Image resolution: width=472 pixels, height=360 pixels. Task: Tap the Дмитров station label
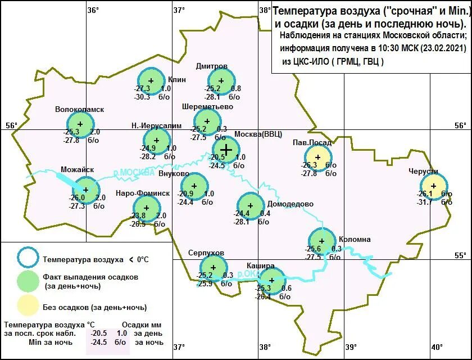[x=212, y=66]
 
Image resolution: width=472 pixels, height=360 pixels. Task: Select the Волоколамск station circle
[x=80, y=124]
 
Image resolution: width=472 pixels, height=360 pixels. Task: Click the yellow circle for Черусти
[x=434, y=186]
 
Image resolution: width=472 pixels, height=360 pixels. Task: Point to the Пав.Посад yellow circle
[x=318, y=157]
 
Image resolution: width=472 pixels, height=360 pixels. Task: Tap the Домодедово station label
[x=290, y=204]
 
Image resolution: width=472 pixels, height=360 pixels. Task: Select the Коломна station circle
[x=323, y=240]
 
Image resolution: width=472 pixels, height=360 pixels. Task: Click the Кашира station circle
[x=272, y=280]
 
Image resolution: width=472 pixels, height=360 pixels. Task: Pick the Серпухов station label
[x=206, y=253]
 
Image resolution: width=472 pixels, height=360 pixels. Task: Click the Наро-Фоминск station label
[x=142, y=193]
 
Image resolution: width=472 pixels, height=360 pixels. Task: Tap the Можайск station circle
[x=86, y=190]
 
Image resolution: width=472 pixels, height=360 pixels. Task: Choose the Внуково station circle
[x=194, y=186]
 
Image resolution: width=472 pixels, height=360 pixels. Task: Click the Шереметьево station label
[x=207, y=106]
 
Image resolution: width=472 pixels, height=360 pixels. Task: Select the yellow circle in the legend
[x=28, y=307]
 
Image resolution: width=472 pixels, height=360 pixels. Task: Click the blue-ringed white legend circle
[x=28, y=259]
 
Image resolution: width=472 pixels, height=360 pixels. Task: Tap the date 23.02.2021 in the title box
[x=444, y=48]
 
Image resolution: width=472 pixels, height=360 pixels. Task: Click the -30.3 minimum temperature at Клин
[x=142, y=97]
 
